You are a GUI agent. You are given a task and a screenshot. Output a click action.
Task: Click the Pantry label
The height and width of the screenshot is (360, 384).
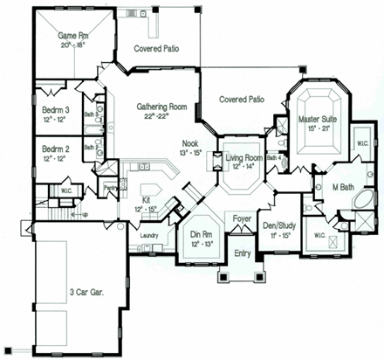coord(111,188)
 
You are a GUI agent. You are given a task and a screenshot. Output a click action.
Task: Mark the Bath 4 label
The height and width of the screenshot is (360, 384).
coord(273,157)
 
